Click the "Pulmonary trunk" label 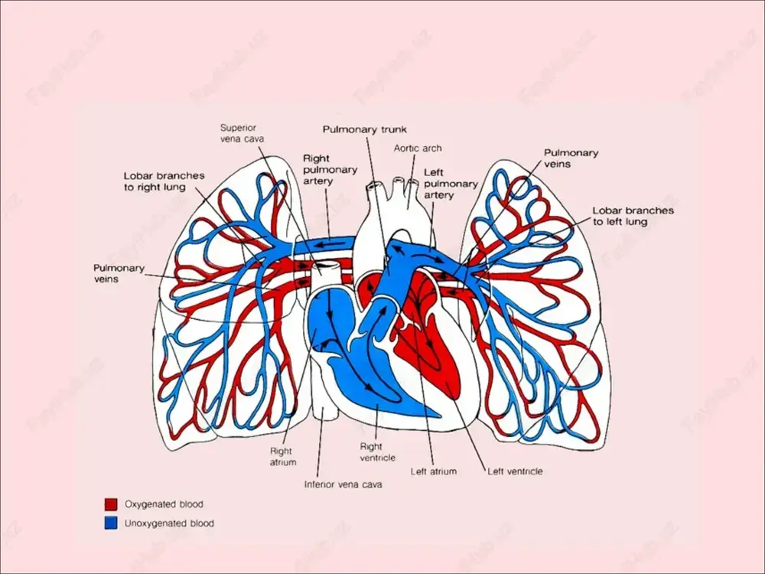(x=364, y=129)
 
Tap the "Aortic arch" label (x=418, y=148)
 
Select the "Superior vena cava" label (x=242, y=133)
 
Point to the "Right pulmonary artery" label (x=330, y=169)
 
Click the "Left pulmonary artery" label (x=451, y=184)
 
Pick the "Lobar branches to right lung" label (x=164, y=181)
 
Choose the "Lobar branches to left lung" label (x=633, y=216)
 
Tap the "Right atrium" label (x=282, y=456)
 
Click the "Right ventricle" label (x=377, y=452)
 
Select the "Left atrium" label (x=433, y=471)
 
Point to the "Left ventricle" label (x=515, y=471)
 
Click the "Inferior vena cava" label (x=343, y=484)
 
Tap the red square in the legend (x=111, y=504)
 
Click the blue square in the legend (x=111, y=523)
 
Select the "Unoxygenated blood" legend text (x=169, y=523)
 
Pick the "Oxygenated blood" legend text (x=164, y=504)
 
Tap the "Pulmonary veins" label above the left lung (x=571, y=158)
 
